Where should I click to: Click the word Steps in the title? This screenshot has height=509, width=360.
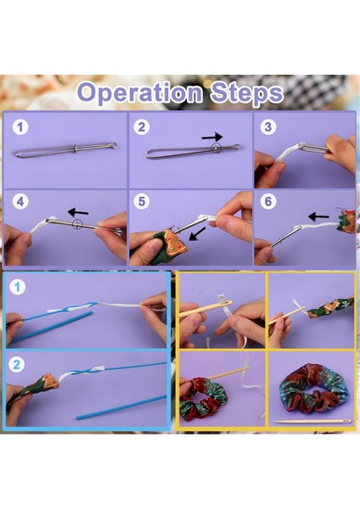(247, 91)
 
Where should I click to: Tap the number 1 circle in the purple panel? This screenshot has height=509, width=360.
(21, 128)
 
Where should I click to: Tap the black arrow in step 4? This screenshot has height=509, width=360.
(79, 210)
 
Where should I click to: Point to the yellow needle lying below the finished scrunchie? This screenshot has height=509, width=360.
(312, 421)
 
